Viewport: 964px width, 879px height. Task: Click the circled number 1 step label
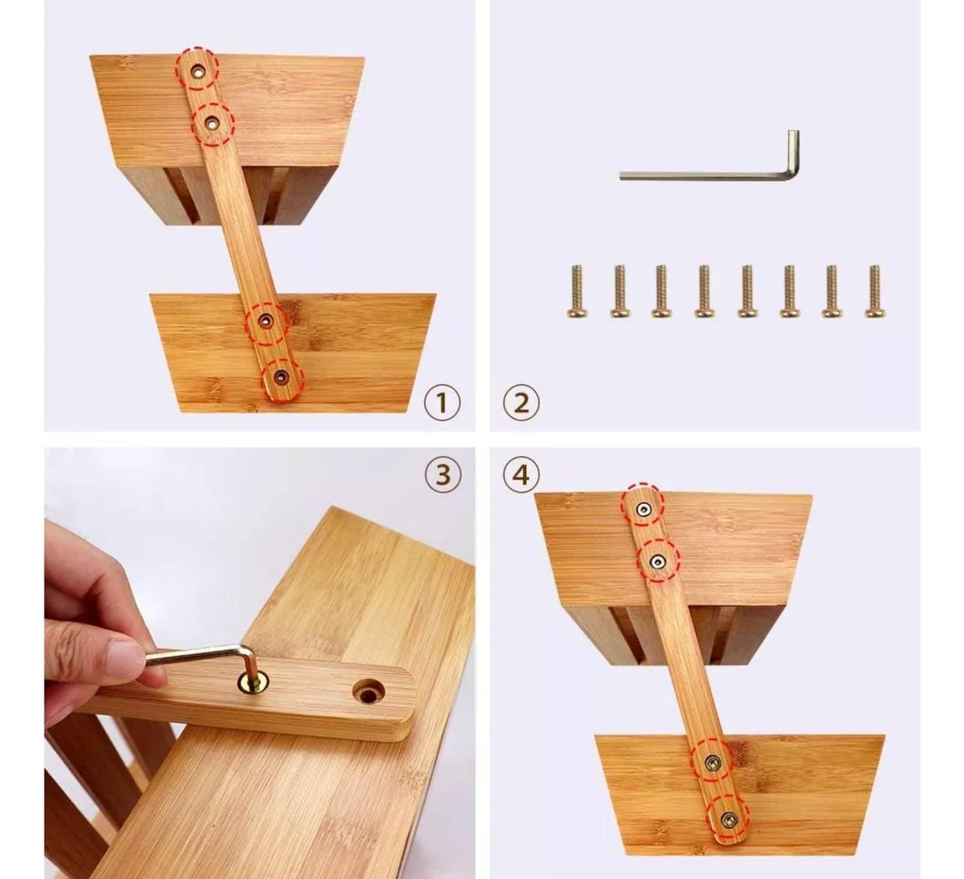[442, 403]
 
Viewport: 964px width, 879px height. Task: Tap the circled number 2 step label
[521, 403]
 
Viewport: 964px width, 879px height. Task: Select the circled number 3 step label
[443, 475]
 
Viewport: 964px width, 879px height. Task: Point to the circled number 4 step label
[521, 475]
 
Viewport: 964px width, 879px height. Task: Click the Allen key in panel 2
[707, 174]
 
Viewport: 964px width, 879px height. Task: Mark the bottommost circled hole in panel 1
[281, 377]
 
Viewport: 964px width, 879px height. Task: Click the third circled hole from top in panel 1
[265, 320]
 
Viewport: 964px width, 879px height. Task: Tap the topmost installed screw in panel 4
[642, 510]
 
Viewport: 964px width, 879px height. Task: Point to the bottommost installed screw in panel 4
[729, 819]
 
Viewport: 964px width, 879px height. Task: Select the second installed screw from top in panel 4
[657, 563]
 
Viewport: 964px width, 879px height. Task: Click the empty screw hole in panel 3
[368, 694]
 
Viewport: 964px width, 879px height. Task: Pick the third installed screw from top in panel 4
[712, 763]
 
